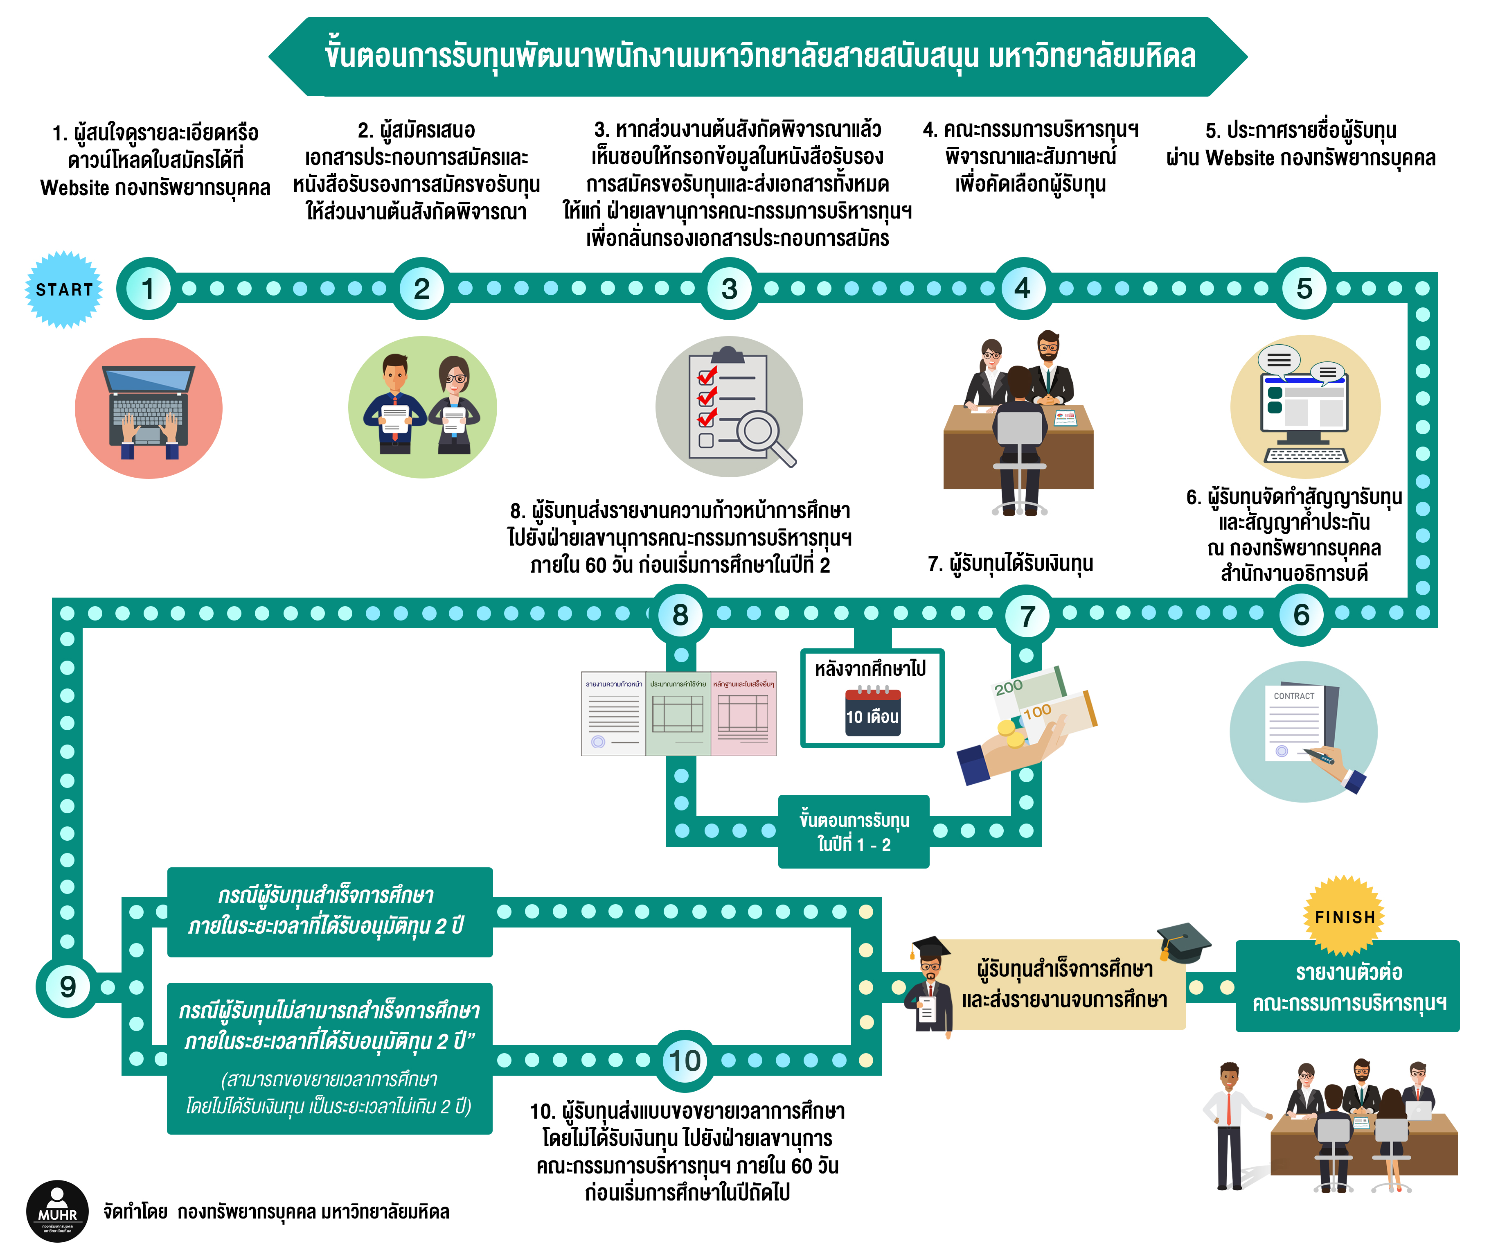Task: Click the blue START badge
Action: coord(64,290)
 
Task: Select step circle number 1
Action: coord(148,289)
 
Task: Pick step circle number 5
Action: coord(1304,289)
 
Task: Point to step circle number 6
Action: coord(1301,615)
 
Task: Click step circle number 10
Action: coord(685,1061)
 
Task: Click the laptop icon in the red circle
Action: coord(149,406)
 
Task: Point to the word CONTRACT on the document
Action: coord(1293,696)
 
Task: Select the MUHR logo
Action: coord(57,1211)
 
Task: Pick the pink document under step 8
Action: coord(743,713)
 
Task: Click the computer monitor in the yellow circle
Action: coord(1304,406)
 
